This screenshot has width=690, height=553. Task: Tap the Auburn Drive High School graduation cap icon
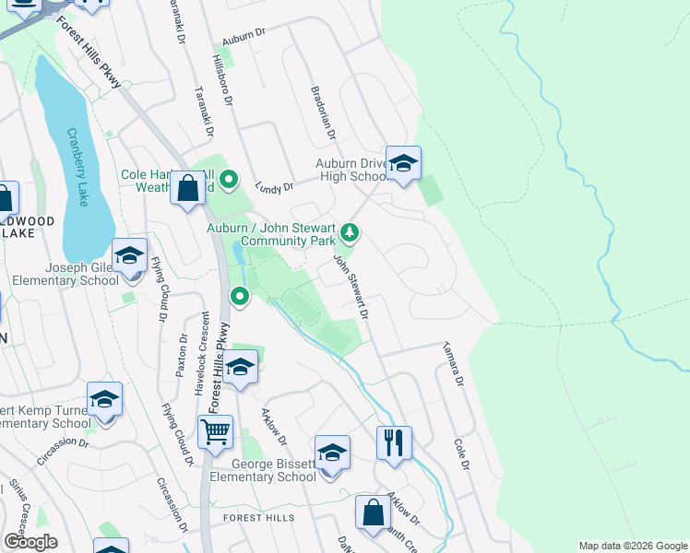coord(402,164)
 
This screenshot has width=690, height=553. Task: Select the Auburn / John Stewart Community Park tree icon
coord(350,230)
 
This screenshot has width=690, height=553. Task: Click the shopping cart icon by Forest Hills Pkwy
coord(215,430)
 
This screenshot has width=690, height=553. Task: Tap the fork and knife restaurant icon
coord(394,442)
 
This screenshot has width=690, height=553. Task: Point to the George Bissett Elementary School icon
coord(332,453)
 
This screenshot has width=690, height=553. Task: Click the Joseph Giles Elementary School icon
coord(129,255)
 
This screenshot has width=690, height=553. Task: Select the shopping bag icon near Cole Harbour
coord(188,188)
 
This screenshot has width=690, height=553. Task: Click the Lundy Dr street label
coord(274,186)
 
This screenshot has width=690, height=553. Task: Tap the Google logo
coord(30,542)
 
